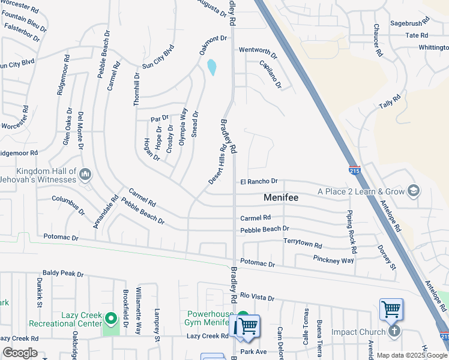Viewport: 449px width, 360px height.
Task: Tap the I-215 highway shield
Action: [354, 171]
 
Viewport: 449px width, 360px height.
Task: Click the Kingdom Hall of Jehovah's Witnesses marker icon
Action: [85, 175]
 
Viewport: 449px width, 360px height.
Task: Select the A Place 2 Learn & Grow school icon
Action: [413, 191]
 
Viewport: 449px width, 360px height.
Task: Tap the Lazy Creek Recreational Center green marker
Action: [110, 317]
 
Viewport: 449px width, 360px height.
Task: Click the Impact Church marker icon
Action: [394, 331]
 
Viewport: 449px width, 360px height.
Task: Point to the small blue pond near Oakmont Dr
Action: [212, 67]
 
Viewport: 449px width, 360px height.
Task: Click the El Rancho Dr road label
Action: [259, 181]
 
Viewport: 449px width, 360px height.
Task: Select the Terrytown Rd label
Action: [303, 245]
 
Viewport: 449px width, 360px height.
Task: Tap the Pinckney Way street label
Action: [333, 259]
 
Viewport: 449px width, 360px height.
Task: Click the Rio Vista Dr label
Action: [257, 297]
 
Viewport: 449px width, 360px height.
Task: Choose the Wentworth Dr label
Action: [258, 53]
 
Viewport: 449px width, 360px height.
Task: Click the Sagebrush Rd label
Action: [409, 22]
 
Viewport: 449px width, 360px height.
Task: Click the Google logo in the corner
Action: [20, 353]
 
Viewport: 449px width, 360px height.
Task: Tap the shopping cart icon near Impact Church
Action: [391, 310]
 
